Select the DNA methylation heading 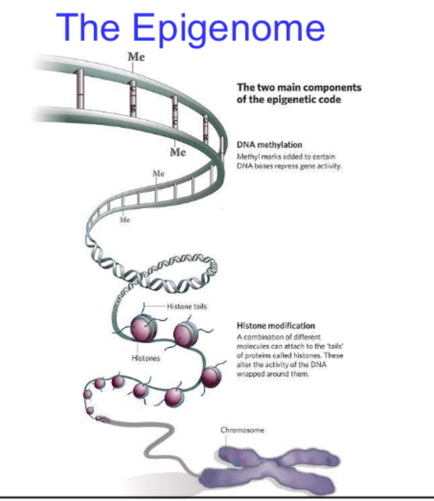click(x=269, y=145)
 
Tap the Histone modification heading click(x=276, y=326)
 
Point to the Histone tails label click(x=187, y=306)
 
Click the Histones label click(x=146, y=358)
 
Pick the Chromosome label click(x=242, y=430)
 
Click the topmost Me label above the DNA click(x=136, y=57)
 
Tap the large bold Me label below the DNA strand click(x=178, y=152)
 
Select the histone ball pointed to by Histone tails click(x=144, y=328)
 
